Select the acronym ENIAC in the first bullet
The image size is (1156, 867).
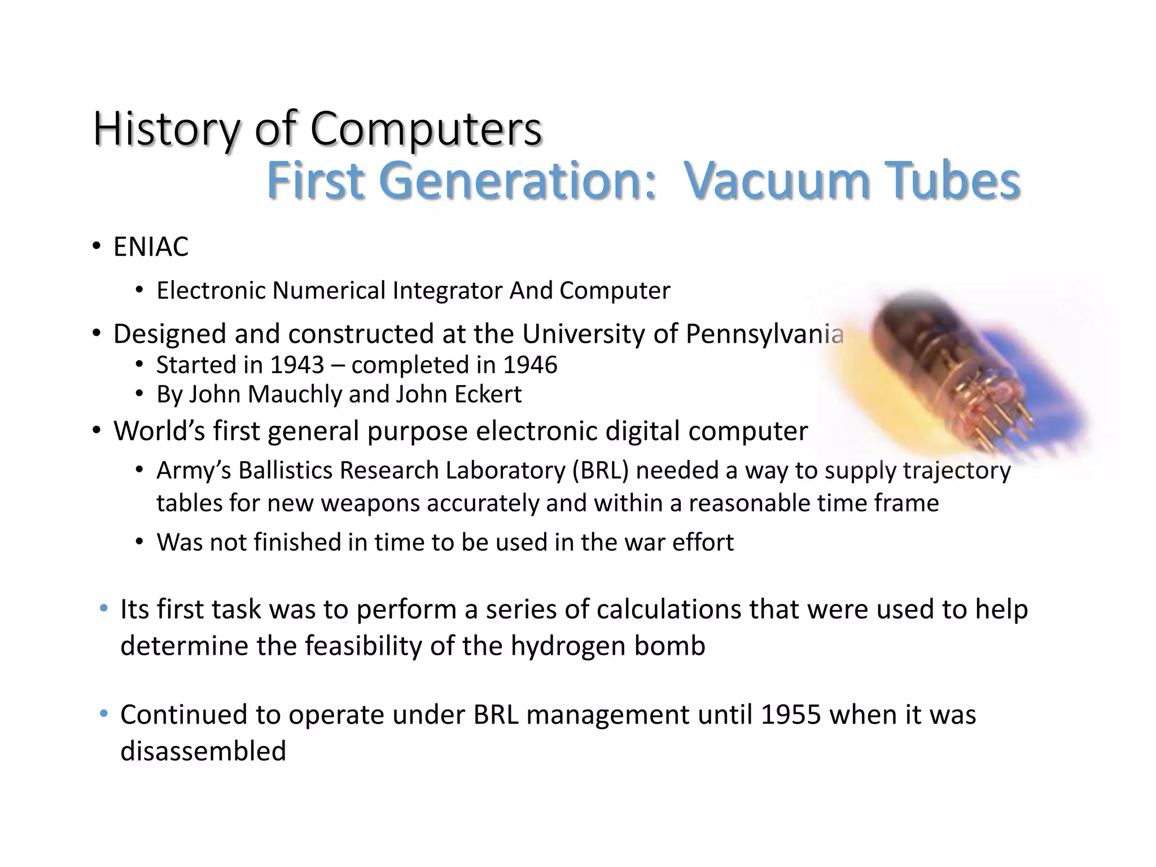(x=151, y=247)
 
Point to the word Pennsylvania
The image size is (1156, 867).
(x=764, y=334)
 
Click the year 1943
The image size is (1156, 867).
(x=297, y=365)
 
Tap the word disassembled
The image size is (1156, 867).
(x=203, y=751)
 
